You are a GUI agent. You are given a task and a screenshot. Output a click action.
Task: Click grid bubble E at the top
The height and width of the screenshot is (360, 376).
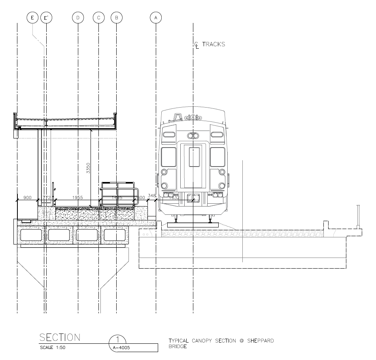coord(32,17)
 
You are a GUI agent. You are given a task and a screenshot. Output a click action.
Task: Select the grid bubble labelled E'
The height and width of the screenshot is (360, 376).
coord(47,17)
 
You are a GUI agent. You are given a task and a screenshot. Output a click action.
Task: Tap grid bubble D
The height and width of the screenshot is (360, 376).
coord(78,17)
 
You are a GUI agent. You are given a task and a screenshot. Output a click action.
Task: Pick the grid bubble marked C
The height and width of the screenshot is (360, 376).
coord(98,17)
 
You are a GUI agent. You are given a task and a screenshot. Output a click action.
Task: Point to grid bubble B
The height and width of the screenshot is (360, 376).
coord(116,17)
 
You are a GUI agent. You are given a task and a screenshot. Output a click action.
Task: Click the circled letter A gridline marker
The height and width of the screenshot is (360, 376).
coord(156,17)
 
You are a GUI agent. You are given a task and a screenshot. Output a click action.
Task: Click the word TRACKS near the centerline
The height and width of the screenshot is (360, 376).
coord(214,44)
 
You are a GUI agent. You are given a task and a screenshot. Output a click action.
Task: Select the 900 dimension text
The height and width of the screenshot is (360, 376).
coord(28,197)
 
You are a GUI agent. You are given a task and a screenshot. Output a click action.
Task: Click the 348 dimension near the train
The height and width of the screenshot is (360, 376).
coord(152,195)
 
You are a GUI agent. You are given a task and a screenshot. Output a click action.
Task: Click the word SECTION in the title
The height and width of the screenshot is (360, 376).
coord(60,337)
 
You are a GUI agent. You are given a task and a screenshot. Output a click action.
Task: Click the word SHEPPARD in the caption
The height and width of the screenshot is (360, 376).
coord(259,341)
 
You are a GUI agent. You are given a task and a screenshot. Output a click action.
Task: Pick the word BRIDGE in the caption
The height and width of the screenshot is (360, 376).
coord(178,347)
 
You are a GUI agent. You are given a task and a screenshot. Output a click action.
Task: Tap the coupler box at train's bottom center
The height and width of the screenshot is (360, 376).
coord(193,198)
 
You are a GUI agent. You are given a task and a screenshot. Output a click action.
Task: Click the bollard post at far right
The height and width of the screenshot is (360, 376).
coord(358,216)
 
